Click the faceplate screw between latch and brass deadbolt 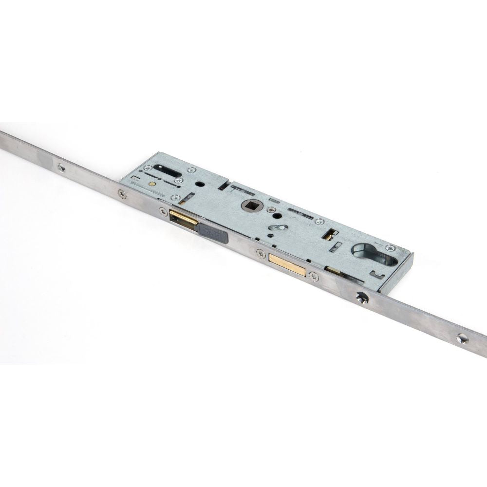point(261,253)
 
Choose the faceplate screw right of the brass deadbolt point(314,277)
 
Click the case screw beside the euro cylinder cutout point(388,247)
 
